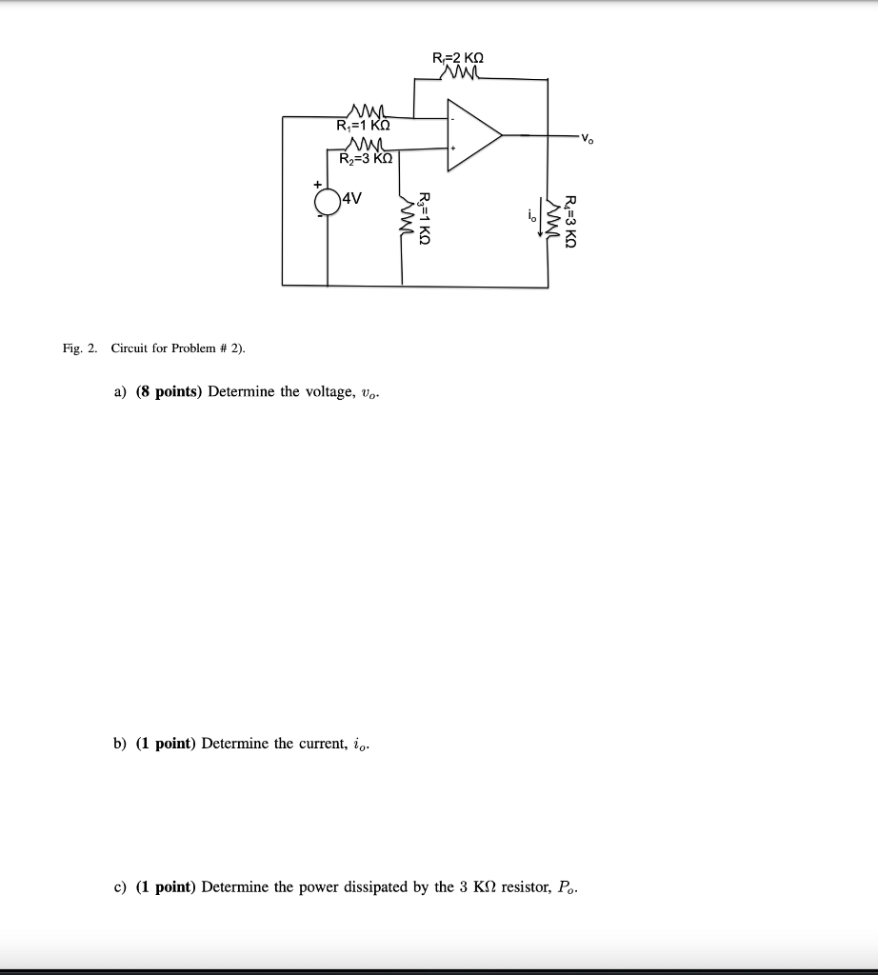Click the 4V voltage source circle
tap(328, 202)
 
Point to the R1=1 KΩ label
tap(364, 126)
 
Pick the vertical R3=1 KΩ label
tap(425, 219)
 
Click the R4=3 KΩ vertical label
tap(570, 221)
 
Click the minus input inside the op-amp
tap(453, 120)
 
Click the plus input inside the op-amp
tap(454, 149)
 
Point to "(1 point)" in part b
tap(165, 744)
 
